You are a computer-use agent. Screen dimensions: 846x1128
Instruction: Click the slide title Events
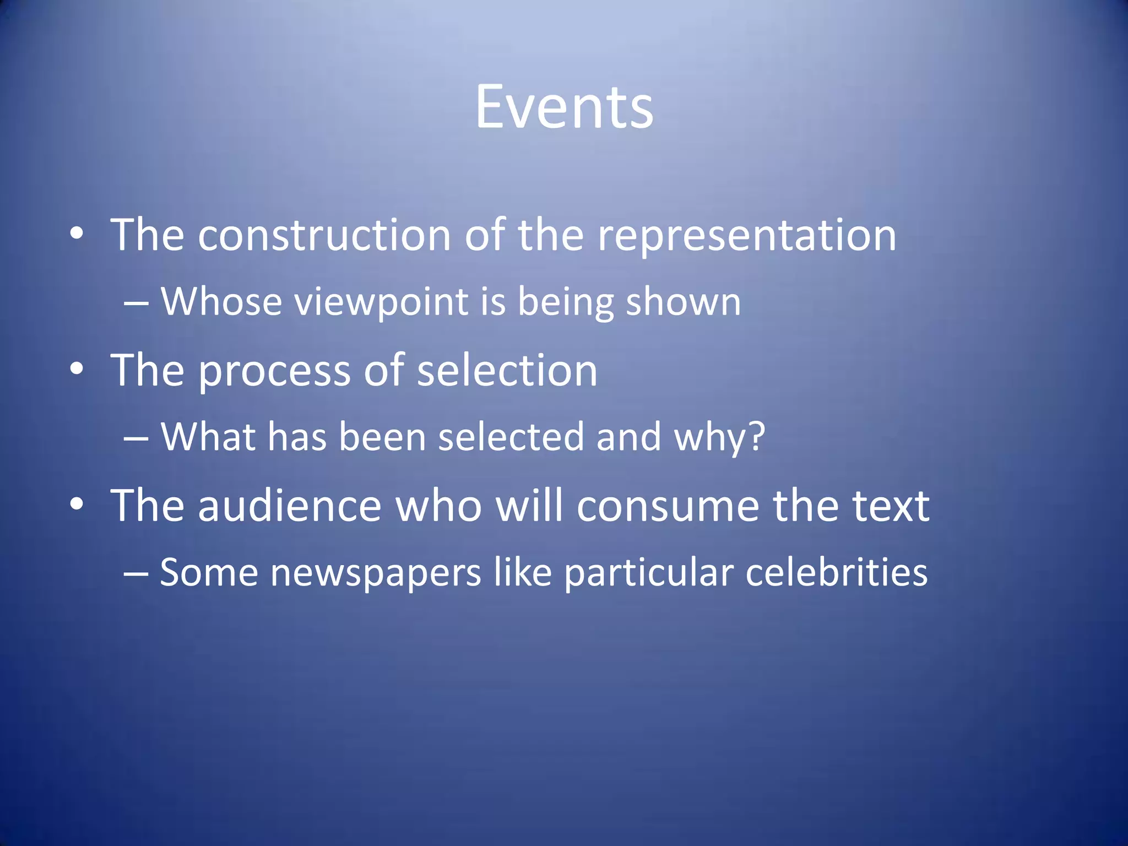click(x=564, y=107)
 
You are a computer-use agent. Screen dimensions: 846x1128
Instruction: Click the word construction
click(x=324, y=235)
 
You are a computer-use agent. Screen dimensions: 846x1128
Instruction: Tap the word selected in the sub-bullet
click(x=511, y=437)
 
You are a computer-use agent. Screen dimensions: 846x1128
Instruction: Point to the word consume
click(x=668, y=507)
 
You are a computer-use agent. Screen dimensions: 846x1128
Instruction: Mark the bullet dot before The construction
click(x=77, y=234)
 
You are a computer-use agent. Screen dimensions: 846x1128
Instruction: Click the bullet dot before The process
click(x=77, y=368)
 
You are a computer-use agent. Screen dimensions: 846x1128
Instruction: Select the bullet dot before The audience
click(x=77, y=504)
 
